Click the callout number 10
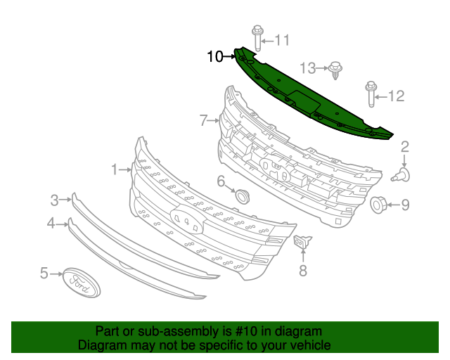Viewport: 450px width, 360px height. [215, 56]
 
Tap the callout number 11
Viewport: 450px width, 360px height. [282, 40]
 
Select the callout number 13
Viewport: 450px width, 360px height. [308, 68]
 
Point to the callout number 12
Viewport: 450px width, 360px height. [397, 96]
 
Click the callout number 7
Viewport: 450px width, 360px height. [203, 120]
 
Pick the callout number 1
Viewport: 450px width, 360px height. [115, 169]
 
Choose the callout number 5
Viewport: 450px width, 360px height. [44, 273]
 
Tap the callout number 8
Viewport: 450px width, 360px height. [303, 271]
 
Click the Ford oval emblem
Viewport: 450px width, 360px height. [82, 283]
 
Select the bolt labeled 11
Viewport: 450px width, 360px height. [257, 38]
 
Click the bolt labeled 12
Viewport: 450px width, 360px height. [371, 94]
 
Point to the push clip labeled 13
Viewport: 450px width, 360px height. [335, 70]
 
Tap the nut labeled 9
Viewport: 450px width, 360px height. [378, 205]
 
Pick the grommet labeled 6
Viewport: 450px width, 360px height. [242, 197]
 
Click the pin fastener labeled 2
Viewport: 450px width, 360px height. [401, 175]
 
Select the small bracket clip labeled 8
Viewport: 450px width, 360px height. [302, 242]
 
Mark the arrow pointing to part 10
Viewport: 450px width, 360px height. [229, 56]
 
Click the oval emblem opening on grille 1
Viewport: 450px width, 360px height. [187, 220]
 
